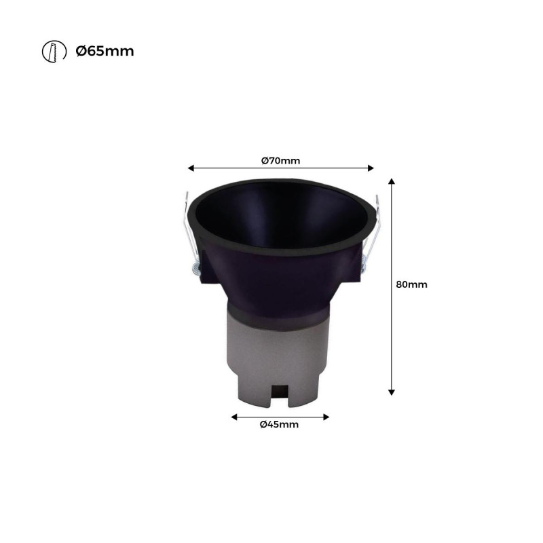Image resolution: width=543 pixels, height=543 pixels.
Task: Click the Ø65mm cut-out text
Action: point(105,51)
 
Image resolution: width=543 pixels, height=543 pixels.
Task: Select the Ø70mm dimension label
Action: point(280,161)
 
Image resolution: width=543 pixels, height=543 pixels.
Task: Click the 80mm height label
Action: point(411,284)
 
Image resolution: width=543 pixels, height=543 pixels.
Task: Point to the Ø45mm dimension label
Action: point(279,425)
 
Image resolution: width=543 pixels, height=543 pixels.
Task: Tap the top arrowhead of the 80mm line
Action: point(392,182)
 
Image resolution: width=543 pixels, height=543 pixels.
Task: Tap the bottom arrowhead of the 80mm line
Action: point(392,391)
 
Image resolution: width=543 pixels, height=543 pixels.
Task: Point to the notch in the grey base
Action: point(279,394)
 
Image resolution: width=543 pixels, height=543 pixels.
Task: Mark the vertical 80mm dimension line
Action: point(392,326)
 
